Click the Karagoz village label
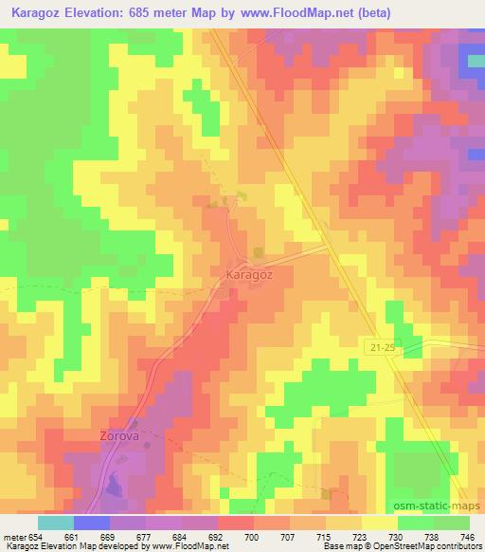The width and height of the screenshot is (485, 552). pos(250,273)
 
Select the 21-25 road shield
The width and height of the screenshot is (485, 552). pos(381,350)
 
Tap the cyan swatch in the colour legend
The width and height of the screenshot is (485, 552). pos(56,524)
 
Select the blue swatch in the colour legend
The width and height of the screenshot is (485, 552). pos(92,524)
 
